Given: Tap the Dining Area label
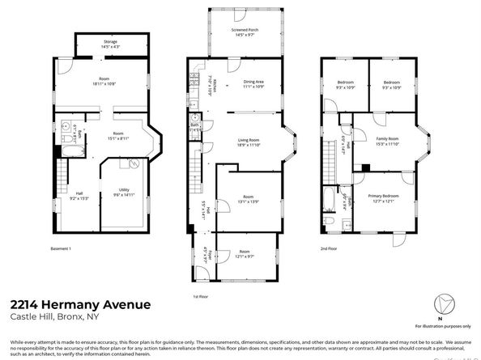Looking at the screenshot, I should (254, 83).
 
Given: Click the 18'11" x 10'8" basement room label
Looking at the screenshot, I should (104, 81).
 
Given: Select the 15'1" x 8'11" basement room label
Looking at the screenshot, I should (118, 136).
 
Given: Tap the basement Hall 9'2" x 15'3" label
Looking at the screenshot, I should (79, 195).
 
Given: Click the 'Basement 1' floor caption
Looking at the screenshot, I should (62, 248).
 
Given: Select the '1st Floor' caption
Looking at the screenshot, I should (202, 296).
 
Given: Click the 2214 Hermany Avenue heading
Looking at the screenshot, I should (80, 304).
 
